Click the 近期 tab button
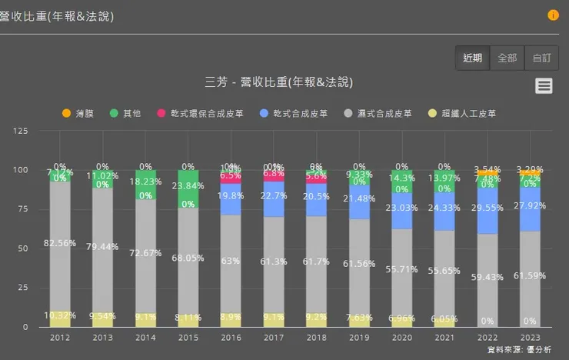(x=472, y=58)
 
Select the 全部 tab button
(x=507, y=58)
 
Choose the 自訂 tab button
(x=541, y=58)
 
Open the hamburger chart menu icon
(x=544, y=86)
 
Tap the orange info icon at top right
(x=553, y=15)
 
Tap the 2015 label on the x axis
(x=188, y=337)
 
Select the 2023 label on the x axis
(x=529, y=337)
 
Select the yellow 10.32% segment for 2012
(x=59, y=319)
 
